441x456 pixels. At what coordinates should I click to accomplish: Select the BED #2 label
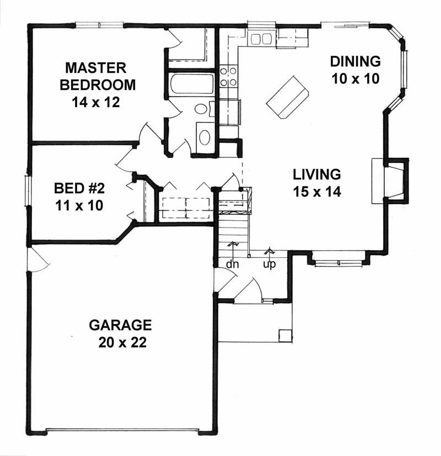(79, 188)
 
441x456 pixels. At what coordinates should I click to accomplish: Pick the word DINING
(356, 61)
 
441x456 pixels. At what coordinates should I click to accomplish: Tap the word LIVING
(316, 175)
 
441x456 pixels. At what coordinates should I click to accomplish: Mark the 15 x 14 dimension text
(316, 192)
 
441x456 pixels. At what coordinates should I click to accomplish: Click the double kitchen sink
(260, 39)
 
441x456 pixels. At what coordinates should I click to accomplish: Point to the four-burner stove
(228, 77)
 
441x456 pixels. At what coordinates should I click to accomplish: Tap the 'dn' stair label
(232, 264)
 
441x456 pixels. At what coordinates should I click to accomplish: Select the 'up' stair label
(269, 264)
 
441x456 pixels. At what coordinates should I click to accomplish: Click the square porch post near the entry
(284, 336)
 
